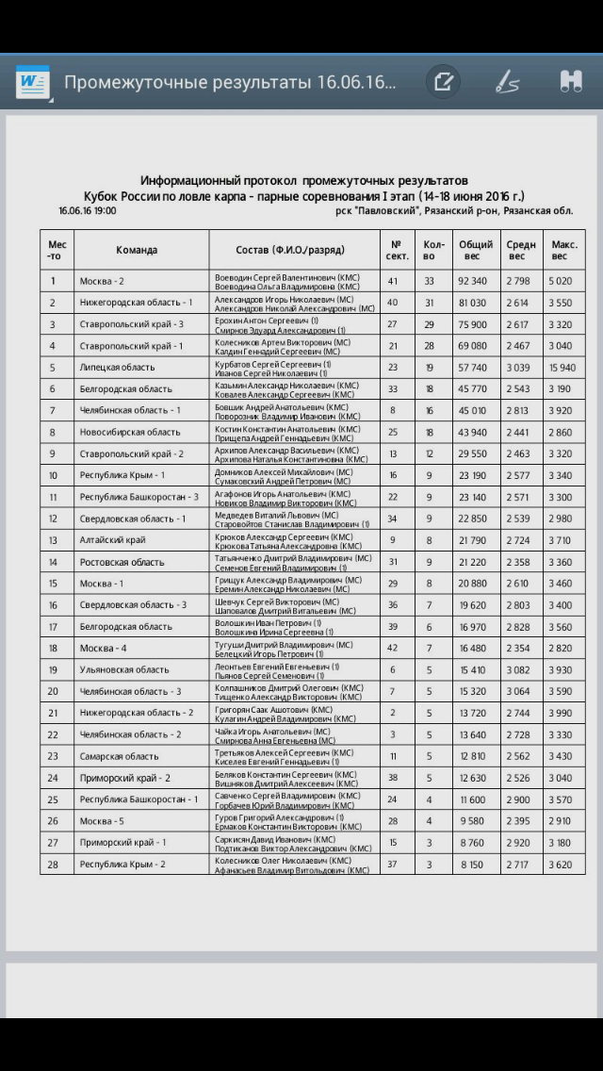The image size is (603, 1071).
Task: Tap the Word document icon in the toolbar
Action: point(32,82)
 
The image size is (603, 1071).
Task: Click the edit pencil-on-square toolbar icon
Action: point(442,82)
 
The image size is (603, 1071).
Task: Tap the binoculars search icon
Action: point(570,82)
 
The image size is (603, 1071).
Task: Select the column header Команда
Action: point(137,250)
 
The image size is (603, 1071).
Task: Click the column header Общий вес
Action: point(476,250)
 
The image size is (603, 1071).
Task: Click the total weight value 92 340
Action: point(473,281)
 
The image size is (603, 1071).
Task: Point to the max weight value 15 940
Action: point(562,367)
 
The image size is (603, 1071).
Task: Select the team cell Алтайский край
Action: point(112,540)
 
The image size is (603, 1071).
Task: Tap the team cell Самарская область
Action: point(119,756)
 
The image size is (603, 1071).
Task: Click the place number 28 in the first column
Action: point(53,864)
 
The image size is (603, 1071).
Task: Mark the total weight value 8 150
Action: point(473,864)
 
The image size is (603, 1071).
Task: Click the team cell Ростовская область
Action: point(122,562)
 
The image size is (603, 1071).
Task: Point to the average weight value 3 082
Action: point(517,669)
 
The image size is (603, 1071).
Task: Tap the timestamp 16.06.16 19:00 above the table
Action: point(87,211)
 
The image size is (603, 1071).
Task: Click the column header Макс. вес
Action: point(564,250)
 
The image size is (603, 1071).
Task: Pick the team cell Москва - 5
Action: point(102,820)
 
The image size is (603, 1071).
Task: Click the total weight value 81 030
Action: point(473,303)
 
